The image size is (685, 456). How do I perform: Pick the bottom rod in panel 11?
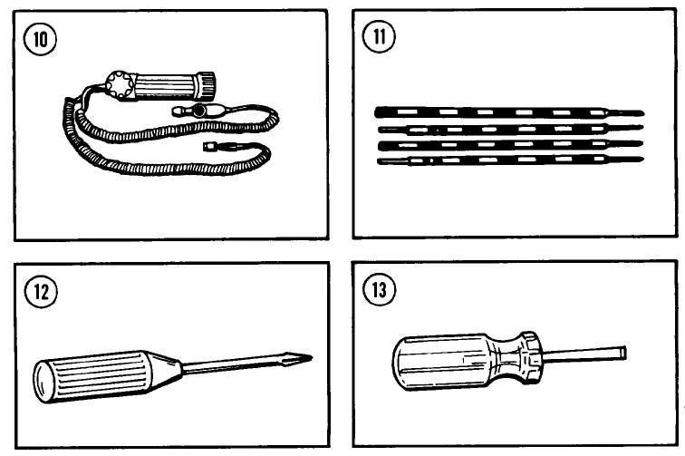pos(507,160)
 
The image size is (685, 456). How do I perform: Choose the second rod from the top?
pos(507,130)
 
